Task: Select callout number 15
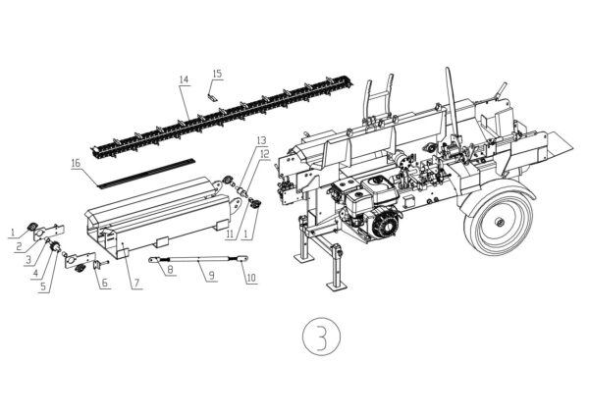pos(217,74)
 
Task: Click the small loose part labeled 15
pos(210,95)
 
